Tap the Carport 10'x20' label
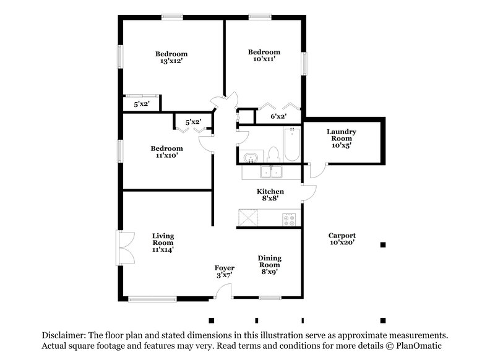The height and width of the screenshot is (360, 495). tap(342, 239)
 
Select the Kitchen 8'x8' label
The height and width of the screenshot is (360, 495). tap(270, 195)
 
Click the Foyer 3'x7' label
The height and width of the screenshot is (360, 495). tap(224, 272)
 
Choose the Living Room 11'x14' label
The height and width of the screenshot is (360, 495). tap(163, 242)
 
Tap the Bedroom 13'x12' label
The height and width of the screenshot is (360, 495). tap(171, 58)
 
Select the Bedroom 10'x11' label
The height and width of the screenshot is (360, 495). tap(264, 56)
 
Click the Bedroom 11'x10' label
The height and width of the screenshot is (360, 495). tap(167, 152)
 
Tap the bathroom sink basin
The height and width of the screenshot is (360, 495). tap(250, 157)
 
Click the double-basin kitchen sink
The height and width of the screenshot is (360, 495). tap(271, 172)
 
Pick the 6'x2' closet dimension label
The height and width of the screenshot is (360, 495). tap(278, 116)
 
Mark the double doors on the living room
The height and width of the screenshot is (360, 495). tap(124, 248)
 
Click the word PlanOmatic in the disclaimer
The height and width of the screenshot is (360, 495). tap(419, 347)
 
